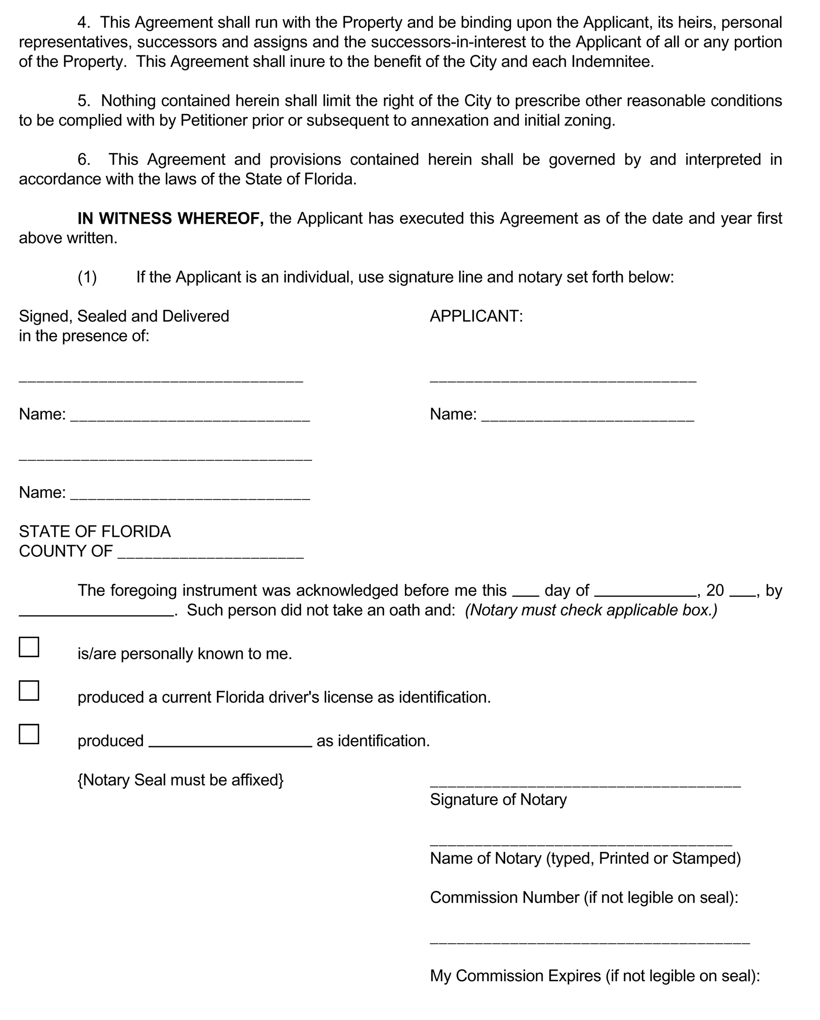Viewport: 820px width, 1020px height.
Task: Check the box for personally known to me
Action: pos(29,647)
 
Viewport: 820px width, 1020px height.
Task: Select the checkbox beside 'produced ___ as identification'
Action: pos(29,734)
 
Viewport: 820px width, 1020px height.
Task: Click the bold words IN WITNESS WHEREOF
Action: pos(170,218)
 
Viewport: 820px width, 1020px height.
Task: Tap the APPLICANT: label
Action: pos(476,316)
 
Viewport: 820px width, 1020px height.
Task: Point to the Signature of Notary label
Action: pos(498,799)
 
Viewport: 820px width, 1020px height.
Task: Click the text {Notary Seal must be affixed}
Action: pos(180,780)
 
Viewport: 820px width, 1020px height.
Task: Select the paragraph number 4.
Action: pos(83,22)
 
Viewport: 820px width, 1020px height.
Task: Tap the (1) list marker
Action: pos(87,277)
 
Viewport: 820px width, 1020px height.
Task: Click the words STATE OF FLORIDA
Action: pos(95,531)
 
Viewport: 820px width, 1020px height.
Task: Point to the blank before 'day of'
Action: pos(525,592)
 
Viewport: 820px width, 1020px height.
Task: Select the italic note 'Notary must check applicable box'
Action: pos(591,610)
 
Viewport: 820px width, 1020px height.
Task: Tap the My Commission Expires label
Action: pos(594,975)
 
